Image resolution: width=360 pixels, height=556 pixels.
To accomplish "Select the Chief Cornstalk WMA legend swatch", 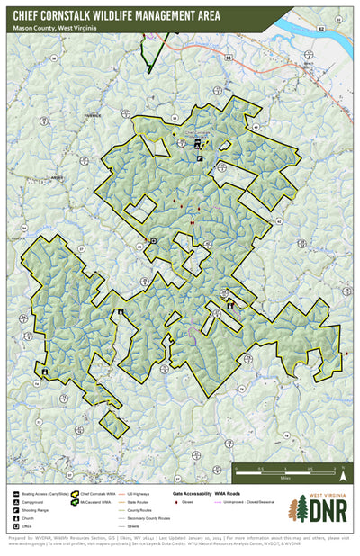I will (x=85, y=494).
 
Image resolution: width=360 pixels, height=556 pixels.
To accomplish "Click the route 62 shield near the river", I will (x=320, y=30).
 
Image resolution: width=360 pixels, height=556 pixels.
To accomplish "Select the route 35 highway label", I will (x=229, y=58).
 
